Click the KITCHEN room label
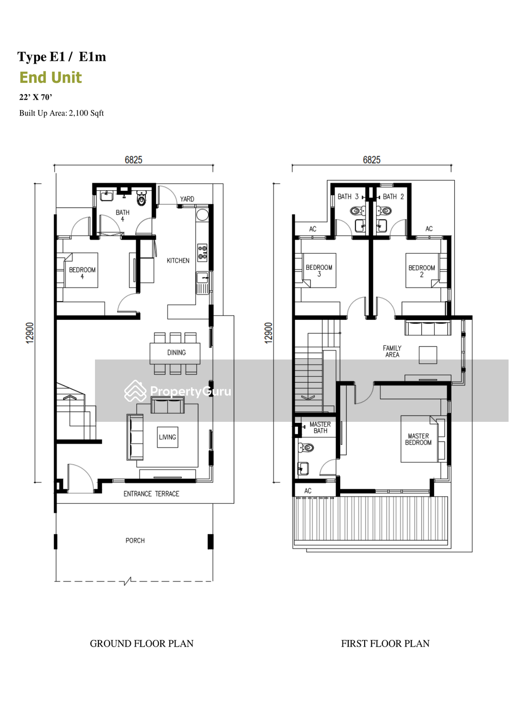click(178, 261)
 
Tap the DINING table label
click(177, 352)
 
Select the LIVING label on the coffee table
click(167, 437)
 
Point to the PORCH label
click(135, 541)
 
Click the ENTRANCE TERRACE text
click(151, 494)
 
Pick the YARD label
click(187, 199)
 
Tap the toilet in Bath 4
click(142, 198)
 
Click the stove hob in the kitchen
click(202, 253)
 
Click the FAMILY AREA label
click(392, 351)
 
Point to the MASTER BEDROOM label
click(418, 439)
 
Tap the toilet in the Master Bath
click(306, 447)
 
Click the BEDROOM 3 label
click(319, 271)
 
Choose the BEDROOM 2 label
click(422, 271)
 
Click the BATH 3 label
click(348, 197)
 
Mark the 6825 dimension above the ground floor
click(133, 160)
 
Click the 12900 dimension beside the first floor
click(268, 333)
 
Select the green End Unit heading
click(50, 77)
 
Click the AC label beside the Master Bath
click(308, 491)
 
